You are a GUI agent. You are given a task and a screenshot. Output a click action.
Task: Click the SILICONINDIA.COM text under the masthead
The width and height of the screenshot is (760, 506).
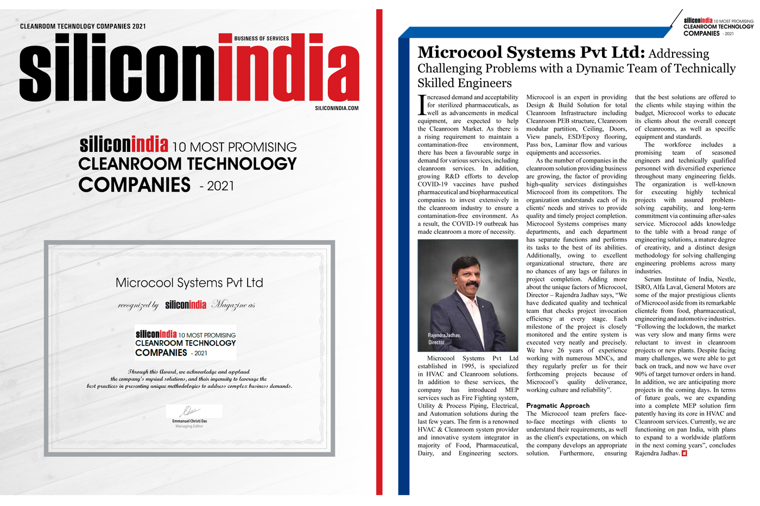337,108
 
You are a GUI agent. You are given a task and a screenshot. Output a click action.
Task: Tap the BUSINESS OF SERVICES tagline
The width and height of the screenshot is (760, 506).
261,39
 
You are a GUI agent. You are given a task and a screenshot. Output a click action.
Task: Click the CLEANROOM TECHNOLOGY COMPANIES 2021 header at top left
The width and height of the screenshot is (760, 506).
83,26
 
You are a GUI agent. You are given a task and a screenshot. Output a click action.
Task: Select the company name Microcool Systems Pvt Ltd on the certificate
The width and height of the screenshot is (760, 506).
189,283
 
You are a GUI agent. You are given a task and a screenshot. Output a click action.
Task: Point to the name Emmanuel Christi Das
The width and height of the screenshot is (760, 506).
189,421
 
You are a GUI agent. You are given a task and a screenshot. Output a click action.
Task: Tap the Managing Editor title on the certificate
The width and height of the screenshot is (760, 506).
189,426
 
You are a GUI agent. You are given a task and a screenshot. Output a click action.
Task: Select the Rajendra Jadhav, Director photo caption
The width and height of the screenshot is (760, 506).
444,338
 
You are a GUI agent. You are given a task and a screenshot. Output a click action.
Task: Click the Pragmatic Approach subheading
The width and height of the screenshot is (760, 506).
558,405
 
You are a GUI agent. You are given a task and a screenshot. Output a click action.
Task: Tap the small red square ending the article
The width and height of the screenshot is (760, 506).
685,453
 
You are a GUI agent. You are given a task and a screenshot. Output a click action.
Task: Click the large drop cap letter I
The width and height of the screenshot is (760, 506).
422,105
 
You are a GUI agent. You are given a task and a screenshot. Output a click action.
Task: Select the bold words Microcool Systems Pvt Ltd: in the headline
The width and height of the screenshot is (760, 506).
531,53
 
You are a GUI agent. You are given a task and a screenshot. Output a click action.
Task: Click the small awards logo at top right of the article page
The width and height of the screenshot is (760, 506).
718,27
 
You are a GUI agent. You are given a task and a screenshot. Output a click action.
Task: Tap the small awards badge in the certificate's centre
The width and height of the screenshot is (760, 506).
186,343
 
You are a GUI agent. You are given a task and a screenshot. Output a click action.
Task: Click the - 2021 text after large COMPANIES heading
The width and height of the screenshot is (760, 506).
217,186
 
